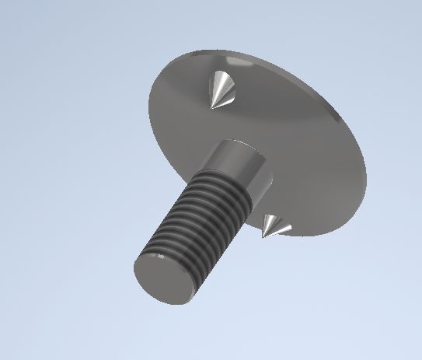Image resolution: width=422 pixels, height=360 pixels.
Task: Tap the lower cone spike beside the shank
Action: tap(273, 226)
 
